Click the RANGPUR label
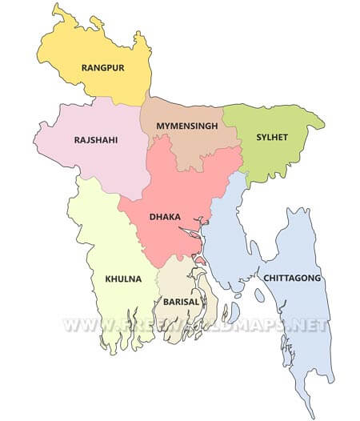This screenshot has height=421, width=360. click(103, 68)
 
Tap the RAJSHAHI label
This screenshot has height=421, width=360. click(96, 140)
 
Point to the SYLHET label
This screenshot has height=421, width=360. click(272, 137)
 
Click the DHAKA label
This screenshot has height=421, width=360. click(165, 217)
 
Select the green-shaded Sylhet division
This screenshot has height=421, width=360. click(272, 156)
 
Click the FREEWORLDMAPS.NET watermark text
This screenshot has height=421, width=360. click(196, 326)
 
